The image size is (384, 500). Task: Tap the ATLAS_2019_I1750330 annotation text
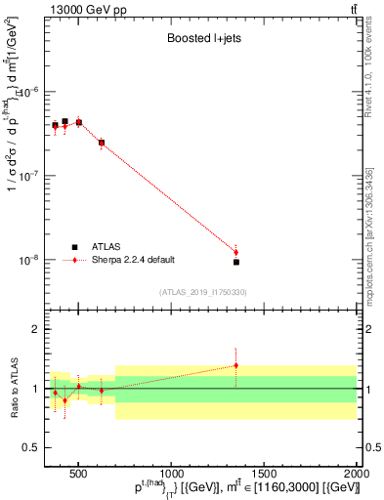pyautogui.click(x=202, y=292)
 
